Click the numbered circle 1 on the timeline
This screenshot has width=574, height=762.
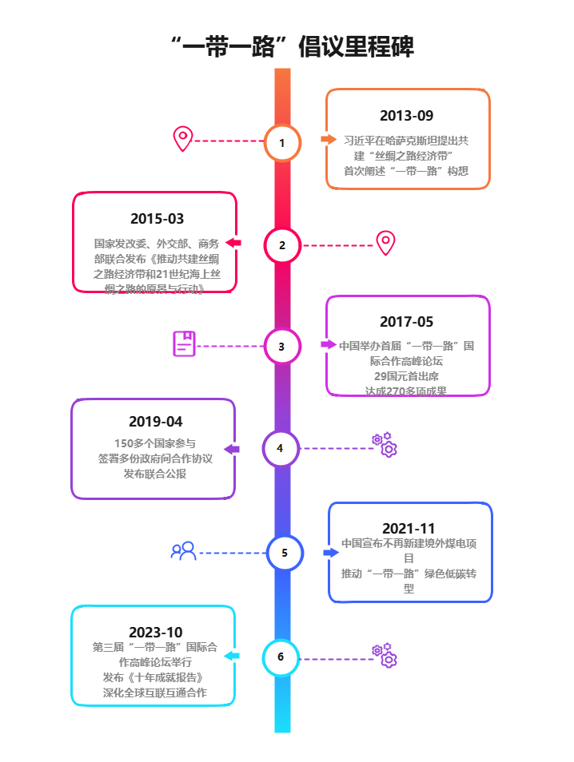pyautogui.click(x=282, y=143)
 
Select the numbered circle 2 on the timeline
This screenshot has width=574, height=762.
pyautogui.click(x=282, y=245)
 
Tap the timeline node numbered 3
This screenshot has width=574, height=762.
pyautogui.click(x=281, y=347)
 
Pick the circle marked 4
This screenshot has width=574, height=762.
pyautogui.click(x=280, y=449)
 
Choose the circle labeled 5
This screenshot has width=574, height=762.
pyautogui.click(x=285, y=552)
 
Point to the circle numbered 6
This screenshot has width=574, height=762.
pyautogui.click(x=281, y=657)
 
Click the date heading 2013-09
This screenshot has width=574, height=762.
pyautogui.click(x=407, y=116)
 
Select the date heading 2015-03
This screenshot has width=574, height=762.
pyautogui.click(x=157, y=219)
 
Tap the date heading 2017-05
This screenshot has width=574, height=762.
pyautogui.click(x=407, y=322)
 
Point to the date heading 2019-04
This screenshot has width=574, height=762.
pyautogui.click(x=155, y=422)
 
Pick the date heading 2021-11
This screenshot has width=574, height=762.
pyautogui.click(x=409, y=529)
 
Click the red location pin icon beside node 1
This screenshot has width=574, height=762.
pyautogui.click(x=183, y=139)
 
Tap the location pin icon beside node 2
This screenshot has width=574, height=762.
pyautogui.click(x=386, y=243)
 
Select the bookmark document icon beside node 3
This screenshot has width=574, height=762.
pyautogui.click(x=185, y=344)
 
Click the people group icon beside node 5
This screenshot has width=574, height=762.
pyautogui.click(x=184, y=551)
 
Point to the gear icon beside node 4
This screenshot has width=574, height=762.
pyautogui.click(x=385, y=445)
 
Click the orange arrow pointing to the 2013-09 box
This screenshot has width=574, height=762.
pyautogui.click(x=329, y=139)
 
